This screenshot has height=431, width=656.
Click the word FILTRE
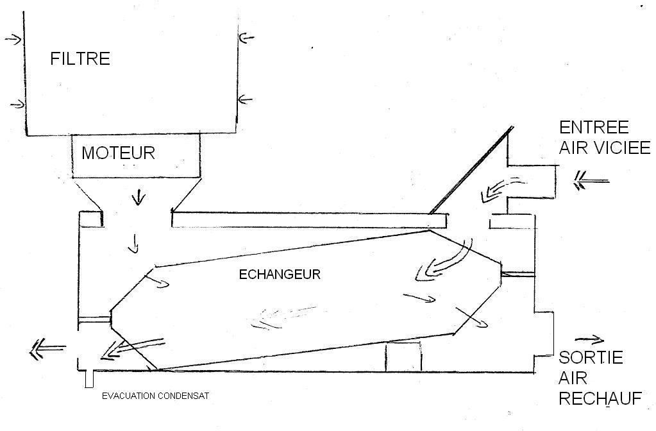click(x=80, y=59)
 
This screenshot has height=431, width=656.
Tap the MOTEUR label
click(x=118, y=153)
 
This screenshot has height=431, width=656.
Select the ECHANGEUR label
click(x=279, y=275)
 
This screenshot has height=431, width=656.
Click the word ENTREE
click(x=594, y=127)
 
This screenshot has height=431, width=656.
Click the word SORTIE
click(x=591, y=357)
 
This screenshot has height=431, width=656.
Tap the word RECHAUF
click(x=600, y=398)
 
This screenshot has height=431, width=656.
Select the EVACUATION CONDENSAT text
click(x=155, y=396)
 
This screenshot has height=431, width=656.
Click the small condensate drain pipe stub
click(x=89, y=379)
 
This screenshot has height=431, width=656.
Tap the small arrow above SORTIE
click(x=589, y=339)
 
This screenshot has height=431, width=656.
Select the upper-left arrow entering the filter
click(x=13, y=39)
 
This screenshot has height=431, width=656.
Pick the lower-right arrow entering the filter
click(x=246, y=99)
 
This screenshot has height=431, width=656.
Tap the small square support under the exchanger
click(x=403, y=357)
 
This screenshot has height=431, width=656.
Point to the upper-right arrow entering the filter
click(x=246, y=38)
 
